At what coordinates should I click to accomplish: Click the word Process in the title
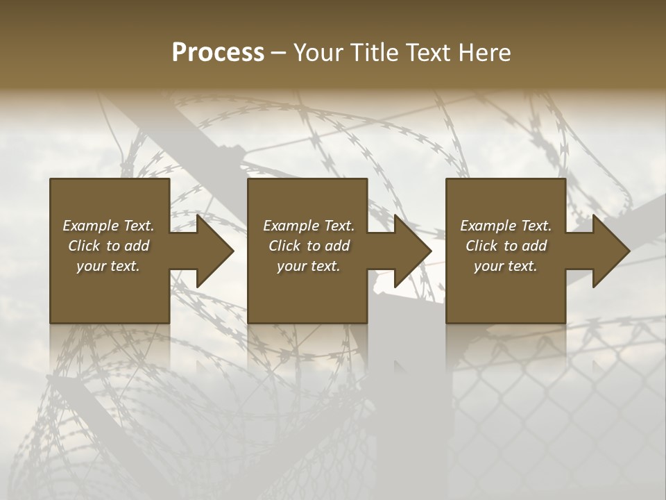click(x=218, y=53)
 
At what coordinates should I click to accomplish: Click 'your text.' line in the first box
click(x=108, y=266)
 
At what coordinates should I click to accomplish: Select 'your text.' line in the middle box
click(x=308, y=266)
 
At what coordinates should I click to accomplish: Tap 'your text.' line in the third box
click(x=505, y=266)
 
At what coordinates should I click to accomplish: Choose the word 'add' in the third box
click(x=533, y=246)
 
